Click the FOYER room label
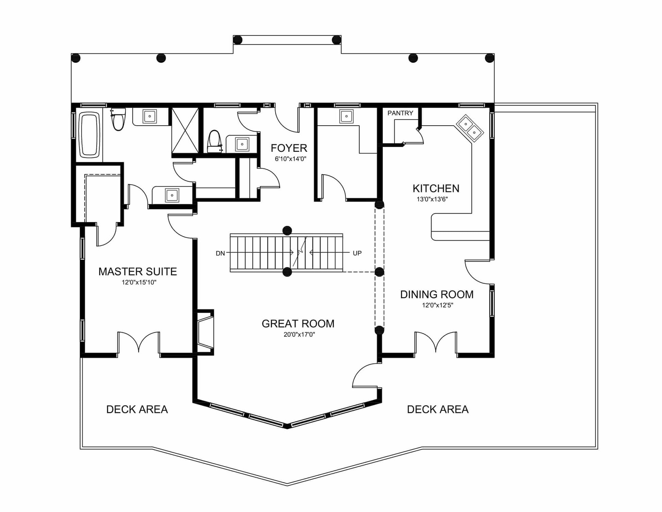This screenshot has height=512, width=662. [x=289, y=148]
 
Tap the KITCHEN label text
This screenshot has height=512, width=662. [x=436, y=188]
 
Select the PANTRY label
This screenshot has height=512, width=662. [x=400, y=113]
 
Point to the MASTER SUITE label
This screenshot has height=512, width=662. [x=137, y=271]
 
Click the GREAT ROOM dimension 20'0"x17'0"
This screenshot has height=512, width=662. [x=299, y=334]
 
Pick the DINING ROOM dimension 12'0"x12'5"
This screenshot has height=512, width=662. [x=437, y=305]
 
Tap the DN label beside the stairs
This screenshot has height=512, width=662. [x=220, y=253]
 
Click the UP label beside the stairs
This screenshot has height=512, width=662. [x=357, y=253]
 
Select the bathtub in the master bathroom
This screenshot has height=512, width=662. [x=89, y=135]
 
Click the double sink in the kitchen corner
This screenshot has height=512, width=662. [x=469, y=128]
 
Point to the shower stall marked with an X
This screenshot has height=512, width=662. [x=185, y=131]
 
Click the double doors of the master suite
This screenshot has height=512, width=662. [x=138, y=342]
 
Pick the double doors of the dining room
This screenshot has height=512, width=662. [x=436, y=342]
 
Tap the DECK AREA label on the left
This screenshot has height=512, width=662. [x=137, y=409]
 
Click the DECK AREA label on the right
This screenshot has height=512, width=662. [x=438, y=409]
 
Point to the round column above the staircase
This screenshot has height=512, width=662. [x=287, y=230]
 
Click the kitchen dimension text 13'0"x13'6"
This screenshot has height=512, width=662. [x=432, y=199]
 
